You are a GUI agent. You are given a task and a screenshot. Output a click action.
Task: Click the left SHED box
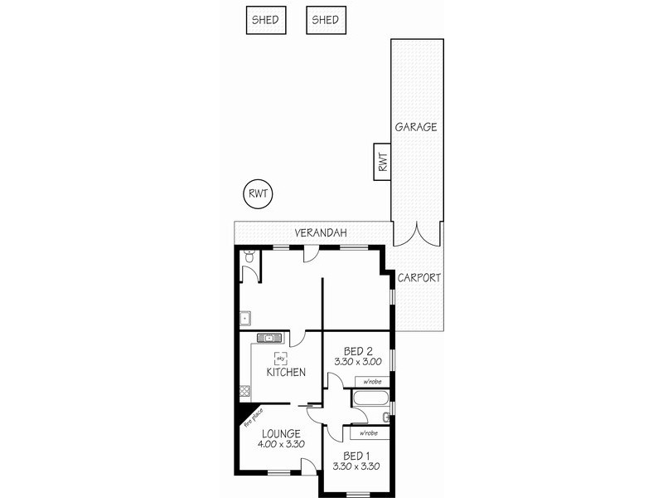pos(265,20)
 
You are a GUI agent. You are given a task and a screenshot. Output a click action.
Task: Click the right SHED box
pos(326,20)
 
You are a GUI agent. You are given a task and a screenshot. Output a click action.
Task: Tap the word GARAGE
pos(416,127)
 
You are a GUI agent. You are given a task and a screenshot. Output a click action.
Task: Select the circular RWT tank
pos(258,194)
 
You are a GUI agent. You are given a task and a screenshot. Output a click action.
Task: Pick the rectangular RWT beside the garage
pos(382,161)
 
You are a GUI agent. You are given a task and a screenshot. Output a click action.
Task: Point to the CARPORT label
pos(419,278)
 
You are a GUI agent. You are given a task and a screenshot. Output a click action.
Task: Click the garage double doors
pos(417,235)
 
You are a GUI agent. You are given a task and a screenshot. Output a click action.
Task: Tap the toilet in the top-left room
pos(249,259)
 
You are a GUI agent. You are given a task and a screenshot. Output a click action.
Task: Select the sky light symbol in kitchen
pos(281,358)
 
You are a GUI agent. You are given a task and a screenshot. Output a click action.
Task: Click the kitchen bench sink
pos(271,338)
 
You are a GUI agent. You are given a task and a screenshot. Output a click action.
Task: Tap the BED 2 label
pos(358,349)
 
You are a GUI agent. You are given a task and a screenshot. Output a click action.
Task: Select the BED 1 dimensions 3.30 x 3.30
pos(357,466)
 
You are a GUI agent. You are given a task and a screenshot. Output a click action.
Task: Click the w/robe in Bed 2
pos(372,382)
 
